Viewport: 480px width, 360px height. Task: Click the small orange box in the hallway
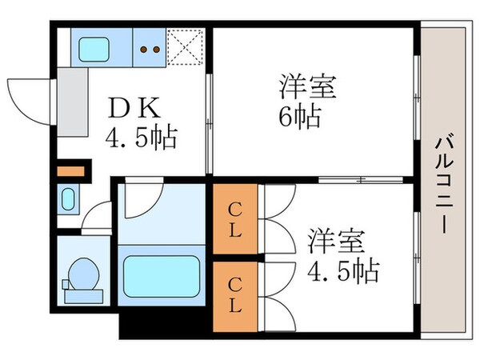pyautogui.click(x=70, y=170)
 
